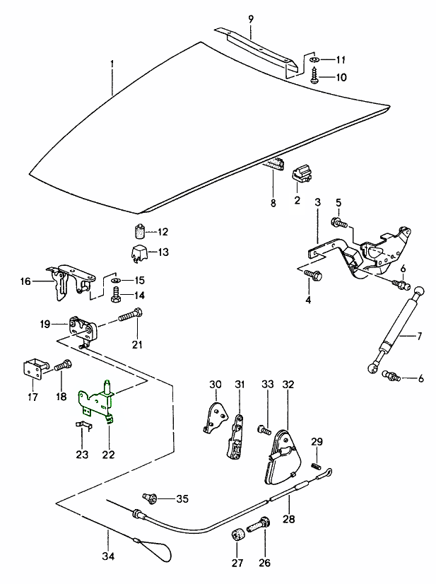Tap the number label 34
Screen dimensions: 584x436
(107, 556)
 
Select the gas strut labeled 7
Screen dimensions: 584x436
(399, 325)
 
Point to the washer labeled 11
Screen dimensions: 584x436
(314, 59)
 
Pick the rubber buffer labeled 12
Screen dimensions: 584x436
(140, 230)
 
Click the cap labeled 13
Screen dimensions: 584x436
(140, 252)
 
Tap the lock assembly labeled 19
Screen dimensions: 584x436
(81, 327)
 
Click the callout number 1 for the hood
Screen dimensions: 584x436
(112, 64)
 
